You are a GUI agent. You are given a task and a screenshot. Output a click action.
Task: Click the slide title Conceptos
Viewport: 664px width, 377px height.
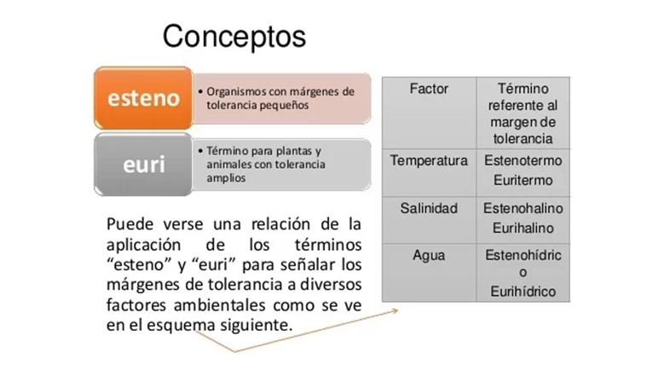coord(234,37)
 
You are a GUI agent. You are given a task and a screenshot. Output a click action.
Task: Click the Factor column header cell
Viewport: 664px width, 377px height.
coord(429,89)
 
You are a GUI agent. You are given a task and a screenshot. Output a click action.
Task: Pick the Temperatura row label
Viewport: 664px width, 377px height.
coord(429,160)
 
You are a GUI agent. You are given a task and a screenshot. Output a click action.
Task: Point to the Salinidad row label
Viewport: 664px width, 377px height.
coord(429,208)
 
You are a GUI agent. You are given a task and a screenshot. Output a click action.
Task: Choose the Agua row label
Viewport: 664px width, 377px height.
coord(429,255)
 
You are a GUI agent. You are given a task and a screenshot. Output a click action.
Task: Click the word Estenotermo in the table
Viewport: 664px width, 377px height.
coord(523,160)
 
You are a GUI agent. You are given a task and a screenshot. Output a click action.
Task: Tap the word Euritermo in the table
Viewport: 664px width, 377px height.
coord(523,180)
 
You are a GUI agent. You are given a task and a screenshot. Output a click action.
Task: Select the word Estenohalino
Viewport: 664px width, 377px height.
coord(523,208)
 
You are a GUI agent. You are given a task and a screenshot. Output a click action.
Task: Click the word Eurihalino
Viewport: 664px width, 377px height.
coord(523,229)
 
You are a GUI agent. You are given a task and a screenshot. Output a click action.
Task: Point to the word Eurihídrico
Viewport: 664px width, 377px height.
coord(523,292)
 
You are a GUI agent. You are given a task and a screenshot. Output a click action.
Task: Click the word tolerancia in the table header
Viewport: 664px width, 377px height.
coord(523,138)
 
